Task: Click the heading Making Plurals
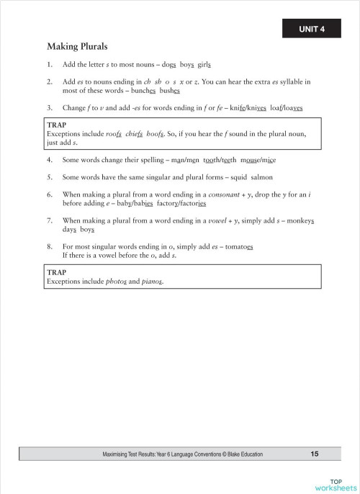point(77,47)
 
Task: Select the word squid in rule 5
point(235,177)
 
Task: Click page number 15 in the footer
point(315,454)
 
